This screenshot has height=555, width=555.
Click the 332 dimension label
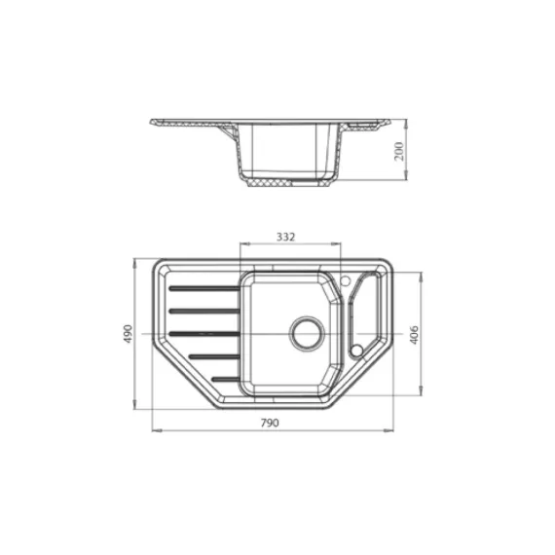point(286,237)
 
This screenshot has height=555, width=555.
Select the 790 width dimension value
point(270,422)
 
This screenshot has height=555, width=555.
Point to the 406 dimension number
point(415,333)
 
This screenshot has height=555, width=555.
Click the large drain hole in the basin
point(309,331)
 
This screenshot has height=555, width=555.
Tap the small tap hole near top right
point(345,281)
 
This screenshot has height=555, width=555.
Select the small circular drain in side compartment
point(356,349)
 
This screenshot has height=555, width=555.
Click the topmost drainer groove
point(203,288)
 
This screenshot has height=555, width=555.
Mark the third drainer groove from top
point(205,333)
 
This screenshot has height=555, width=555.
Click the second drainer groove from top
point(203,311)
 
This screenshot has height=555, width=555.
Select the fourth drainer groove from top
point(214,356)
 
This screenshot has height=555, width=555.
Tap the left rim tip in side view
point(153,122)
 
